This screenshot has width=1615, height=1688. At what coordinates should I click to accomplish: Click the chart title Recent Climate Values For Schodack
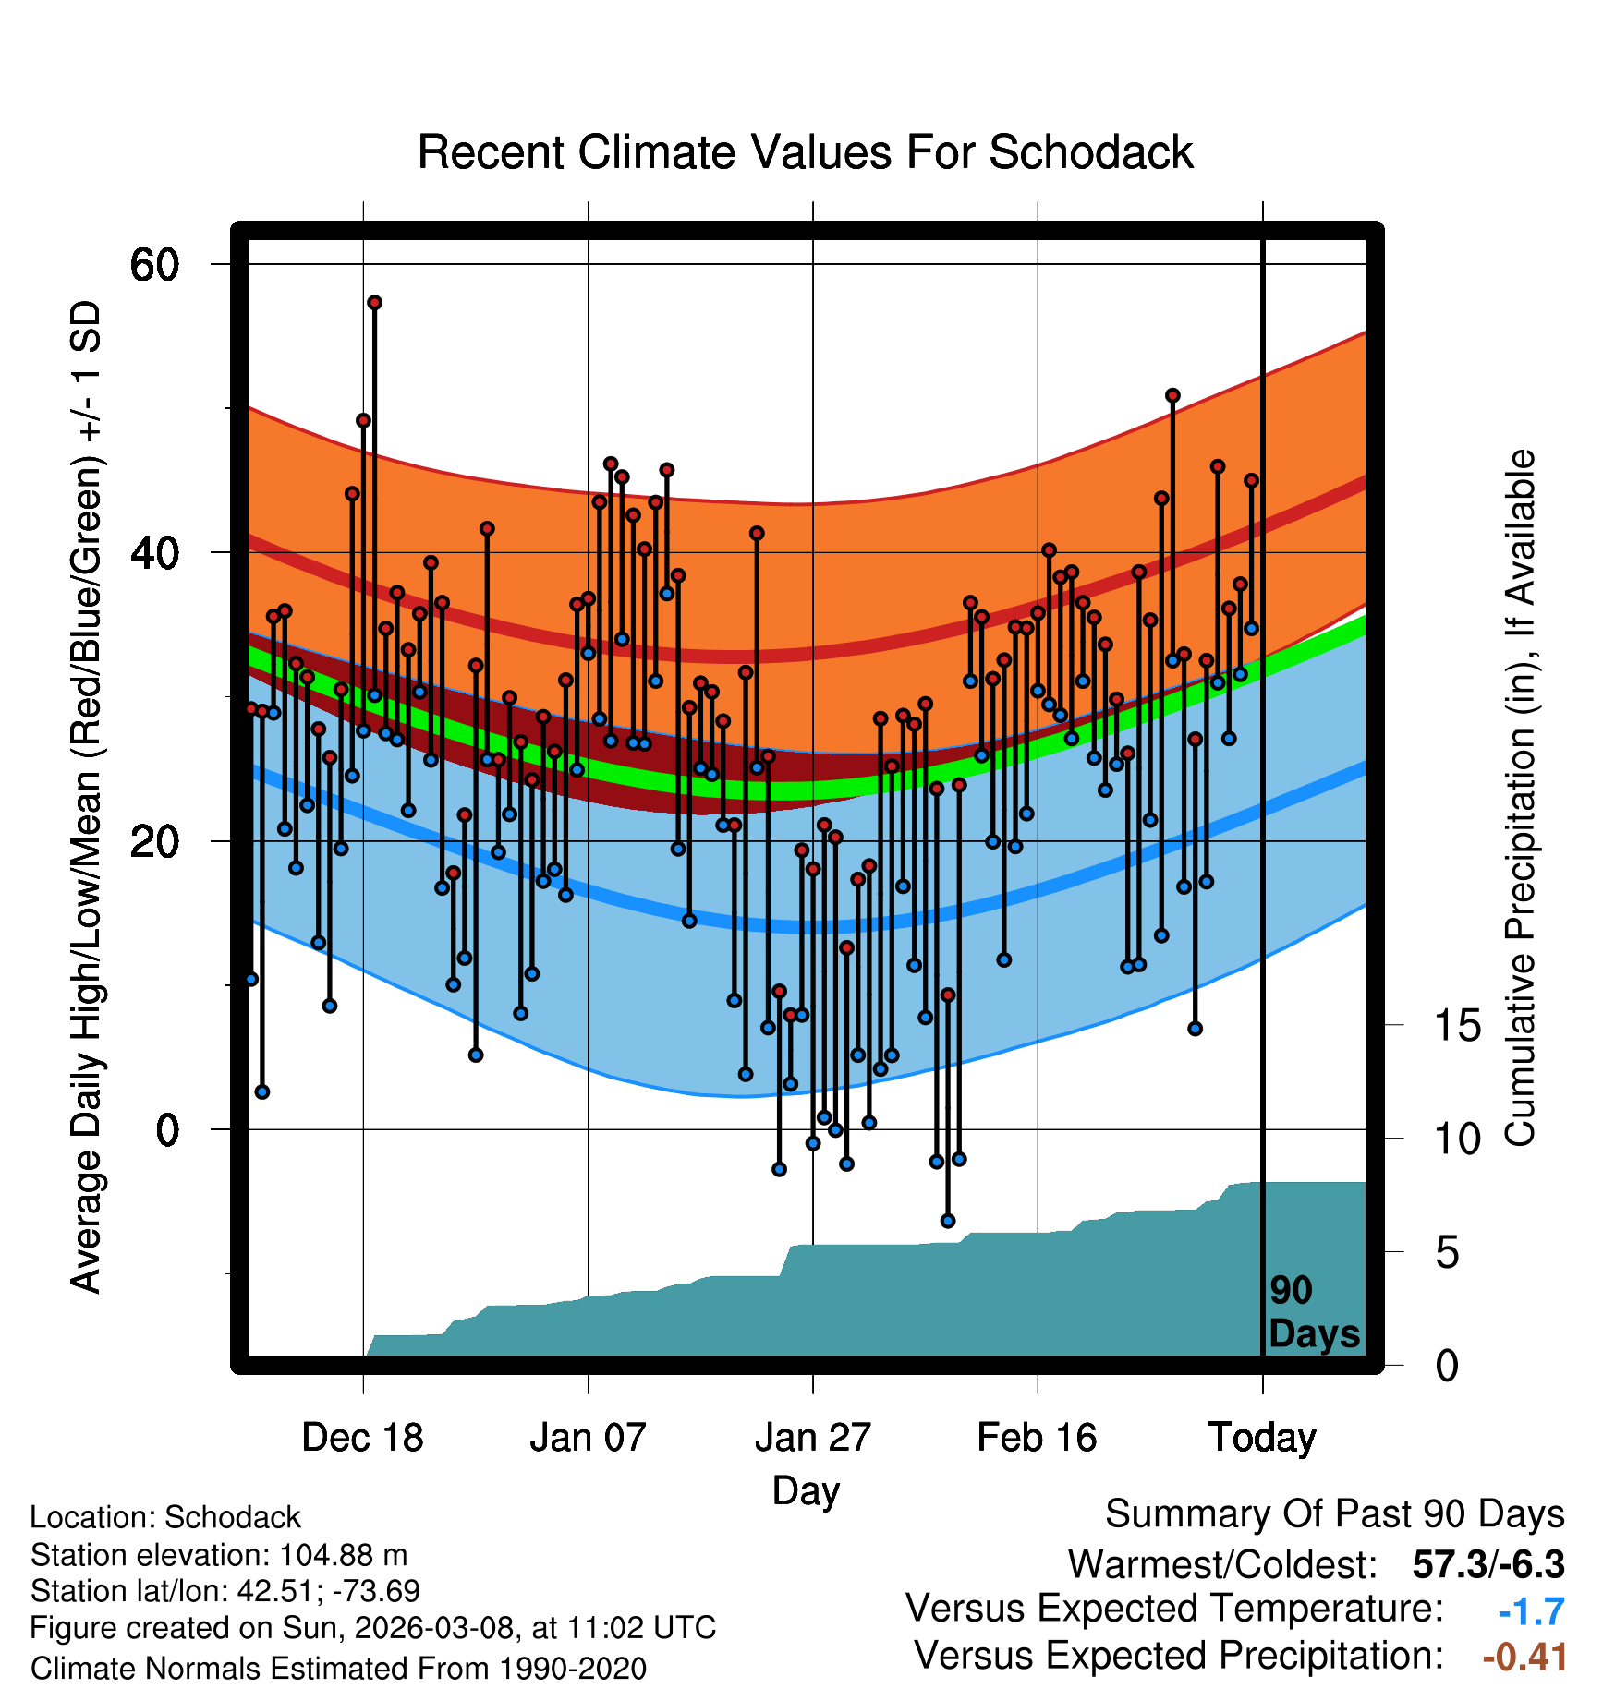point(805,152)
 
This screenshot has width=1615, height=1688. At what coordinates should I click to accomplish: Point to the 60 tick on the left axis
point(154,265)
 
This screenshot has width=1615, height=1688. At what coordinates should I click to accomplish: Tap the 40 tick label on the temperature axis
point(154,553)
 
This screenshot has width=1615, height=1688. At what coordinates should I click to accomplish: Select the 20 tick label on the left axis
point(154,841)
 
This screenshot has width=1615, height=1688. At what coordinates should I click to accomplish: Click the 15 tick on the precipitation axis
point(1457,1026)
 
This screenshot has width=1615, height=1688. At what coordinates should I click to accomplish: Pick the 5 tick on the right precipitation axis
point(1447,1253)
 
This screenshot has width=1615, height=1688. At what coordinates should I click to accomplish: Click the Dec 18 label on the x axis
point(362,1438)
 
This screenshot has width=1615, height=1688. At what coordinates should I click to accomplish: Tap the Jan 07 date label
point(588,1438)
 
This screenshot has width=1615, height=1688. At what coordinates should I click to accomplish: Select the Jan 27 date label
point(812,1438)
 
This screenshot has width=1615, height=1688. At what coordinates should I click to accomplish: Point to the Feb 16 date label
point(1037,1438)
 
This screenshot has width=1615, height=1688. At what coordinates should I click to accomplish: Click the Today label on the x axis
point(1262,1438)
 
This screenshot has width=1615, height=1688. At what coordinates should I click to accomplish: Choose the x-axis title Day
point(806,1490)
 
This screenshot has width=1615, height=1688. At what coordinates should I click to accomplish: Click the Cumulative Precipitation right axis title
point(1520,799)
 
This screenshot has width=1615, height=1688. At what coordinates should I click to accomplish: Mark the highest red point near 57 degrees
point(374,303)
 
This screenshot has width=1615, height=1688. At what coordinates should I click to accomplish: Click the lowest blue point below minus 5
point(948,1221)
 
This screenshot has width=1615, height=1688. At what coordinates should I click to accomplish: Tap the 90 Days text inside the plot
point(1313,1312)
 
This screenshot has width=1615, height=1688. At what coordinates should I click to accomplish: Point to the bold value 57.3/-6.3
point(1488,1565)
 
